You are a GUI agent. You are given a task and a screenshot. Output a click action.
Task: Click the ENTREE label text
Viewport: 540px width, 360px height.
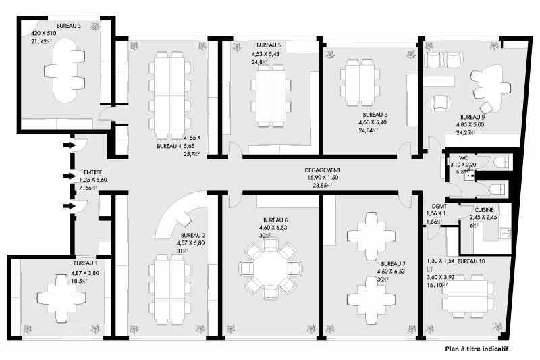point(93,173)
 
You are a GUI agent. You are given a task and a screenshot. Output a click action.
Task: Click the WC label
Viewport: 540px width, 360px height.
point(464,157)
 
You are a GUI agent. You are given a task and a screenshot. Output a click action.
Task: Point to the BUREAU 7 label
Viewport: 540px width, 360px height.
point(394,263)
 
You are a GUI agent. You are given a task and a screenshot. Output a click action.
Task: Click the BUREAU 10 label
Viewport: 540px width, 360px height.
point(471,261)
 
